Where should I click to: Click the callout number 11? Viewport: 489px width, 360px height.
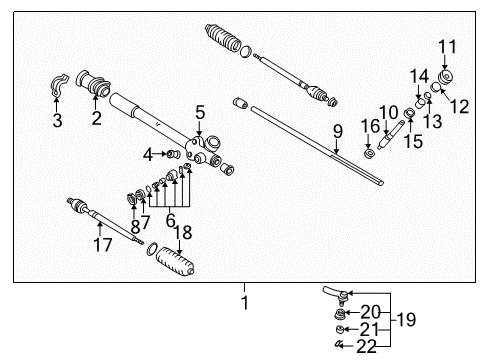point(447,47)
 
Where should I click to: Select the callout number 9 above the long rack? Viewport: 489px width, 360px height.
point(338,131)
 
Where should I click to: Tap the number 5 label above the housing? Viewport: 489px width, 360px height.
point(200,113)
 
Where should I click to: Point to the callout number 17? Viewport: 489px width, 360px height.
point(103,245)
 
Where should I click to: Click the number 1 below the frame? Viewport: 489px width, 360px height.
point(245,303)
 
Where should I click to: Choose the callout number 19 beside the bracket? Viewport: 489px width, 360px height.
point(407,320)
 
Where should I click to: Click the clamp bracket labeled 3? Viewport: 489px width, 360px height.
point(59,85)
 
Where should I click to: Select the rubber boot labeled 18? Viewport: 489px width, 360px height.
point(175,262)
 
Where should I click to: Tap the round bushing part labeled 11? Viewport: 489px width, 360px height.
point(446,78)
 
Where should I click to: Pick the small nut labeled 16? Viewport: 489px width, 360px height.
point(369,154)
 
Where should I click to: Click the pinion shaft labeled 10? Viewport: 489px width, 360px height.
point(391,136)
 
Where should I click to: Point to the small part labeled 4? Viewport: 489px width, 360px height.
point(173,154)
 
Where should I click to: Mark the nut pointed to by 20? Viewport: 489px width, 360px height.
point(339,313)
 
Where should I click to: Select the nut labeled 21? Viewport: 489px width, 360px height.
point(339,329)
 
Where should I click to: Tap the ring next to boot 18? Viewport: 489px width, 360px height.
point(152,249)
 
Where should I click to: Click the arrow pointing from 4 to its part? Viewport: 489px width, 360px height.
point(160,154)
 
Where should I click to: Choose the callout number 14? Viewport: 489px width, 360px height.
point(419,76)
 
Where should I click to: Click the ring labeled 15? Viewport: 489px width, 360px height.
point(409,113)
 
